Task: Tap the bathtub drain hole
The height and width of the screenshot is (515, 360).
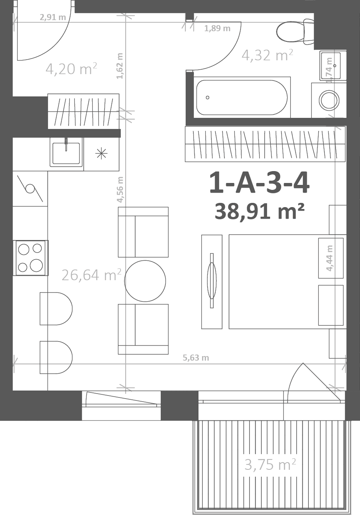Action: tap(208, 98)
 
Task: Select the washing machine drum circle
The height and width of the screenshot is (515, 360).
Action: tap(329, 100)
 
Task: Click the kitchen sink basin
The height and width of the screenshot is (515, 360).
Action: tap(66, 153)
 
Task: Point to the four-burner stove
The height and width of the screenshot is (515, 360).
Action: tap(31, 258)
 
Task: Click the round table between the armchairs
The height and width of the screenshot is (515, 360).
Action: tap(145, 281)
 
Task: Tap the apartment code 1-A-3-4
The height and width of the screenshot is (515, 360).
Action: tap(260, 183)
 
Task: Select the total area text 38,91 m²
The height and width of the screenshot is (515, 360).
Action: tap(260, 211)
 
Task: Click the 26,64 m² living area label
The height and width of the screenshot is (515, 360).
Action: tap(92, 275)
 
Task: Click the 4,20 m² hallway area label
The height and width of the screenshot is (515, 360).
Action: tap(71, 69)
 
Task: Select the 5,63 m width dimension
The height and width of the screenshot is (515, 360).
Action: tap(196, 358)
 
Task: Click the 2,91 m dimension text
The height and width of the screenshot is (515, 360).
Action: tap(53, 17)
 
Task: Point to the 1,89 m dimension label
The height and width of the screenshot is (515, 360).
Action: tap(217, 28)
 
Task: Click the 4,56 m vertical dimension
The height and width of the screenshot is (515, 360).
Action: tap(120, 190)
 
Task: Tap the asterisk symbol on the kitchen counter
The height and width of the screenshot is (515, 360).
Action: tap(101, 154)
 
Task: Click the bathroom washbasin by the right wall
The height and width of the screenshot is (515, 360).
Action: tap(333, 66)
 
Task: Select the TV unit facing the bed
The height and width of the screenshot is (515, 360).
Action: tap(212, 282)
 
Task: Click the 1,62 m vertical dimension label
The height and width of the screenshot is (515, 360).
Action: tap(120, 66)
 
